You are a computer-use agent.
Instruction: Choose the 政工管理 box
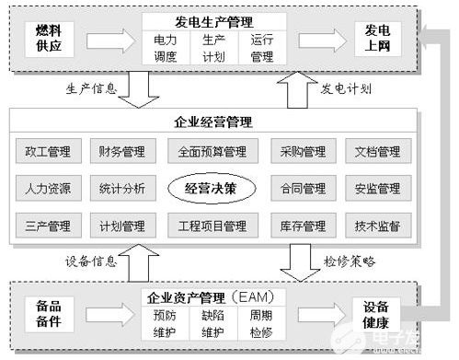(x=49, y=152)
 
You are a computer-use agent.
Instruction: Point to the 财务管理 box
(x=122, y=152)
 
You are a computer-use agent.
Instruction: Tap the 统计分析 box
(x=122, y=189)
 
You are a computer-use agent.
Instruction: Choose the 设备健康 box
(x=375, y=313)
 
